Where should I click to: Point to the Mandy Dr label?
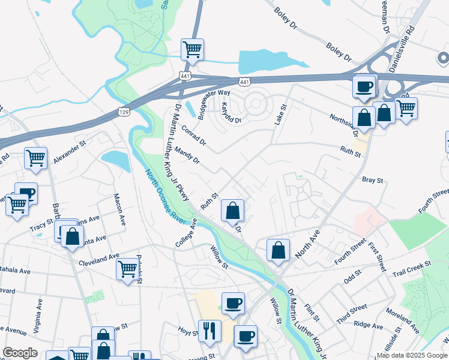(187, 157)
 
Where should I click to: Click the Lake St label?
(280, 114)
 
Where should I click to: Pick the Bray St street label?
(372, 179)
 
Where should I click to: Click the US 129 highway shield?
(124, 112)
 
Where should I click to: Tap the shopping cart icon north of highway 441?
(192, 49)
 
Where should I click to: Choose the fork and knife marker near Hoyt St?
(209, 330)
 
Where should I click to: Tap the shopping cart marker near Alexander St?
(36, 158)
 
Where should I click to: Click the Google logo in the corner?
(19, 352)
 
